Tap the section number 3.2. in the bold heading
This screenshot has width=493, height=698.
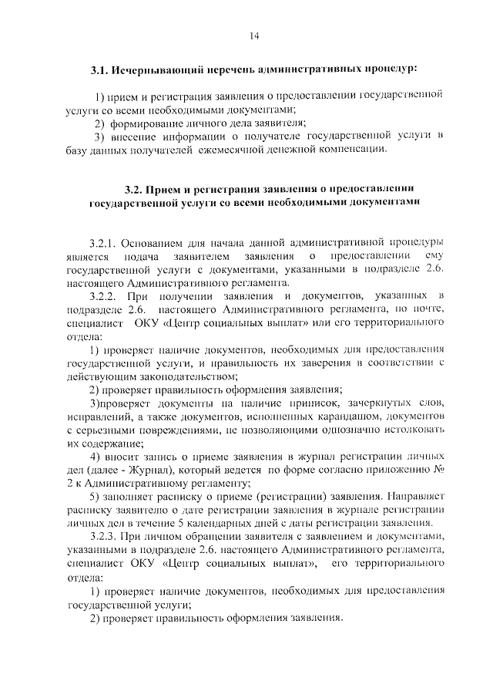136,187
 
